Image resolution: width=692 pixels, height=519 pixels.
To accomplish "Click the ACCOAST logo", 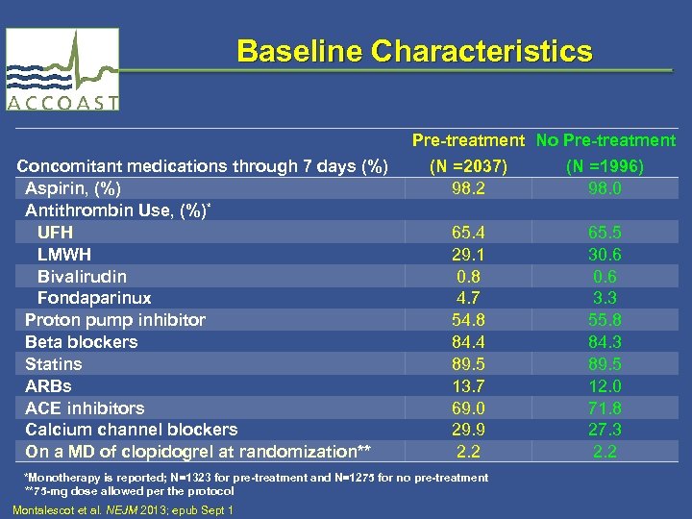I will [x=62, y=69].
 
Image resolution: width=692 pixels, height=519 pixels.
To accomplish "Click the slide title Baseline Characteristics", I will [x=414, y=51].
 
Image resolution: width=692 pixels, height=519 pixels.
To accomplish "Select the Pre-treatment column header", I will [x=468, y=141].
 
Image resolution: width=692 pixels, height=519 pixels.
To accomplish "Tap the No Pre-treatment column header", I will [x=605, y=141].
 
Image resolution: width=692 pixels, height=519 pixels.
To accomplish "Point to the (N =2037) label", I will [x=467, y=166].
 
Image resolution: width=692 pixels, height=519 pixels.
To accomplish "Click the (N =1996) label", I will [x=605, y=166].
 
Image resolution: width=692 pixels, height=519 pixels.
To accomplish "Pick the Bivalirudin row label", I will [x=82, y=277].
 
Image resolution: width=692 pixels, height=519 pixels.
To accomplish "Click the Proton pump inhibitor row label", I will [x=115, y=320].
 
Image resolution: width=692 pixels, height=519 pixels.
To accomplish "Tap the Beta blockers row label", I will [x=82, y=342].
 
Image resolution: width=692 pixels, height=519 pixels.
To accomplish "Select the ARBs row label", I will [x=48, y=386].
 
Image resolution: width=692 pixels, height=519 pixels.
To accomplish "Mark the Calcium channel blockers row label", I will [x=132, y=430].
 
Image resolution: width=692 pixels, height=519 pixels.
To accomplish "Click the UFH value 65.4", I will [x=467, y=233].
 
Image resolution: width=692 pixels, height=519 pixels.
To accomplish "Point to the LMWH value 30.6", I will [x=605, y=255].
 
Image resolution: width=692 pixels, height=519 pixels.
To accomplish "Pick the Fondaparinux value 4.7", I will [x=467, y=299].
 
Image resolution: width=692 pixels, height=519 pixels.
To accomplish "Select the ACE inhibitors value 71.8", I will [x=605, y=408].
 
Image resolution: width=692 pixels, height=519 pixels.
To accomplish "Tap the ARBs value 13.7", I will [x=467, y=386].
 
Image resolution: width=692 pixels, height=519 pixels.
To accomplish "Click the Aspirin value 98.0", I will [x=605, y=188].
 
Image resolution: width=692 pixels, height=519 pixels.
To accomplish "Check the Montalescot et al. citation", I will [x=123, y=509].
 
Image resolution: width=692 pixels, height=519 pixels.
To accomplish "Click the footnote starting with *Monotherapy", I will [x=255, y=478].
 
